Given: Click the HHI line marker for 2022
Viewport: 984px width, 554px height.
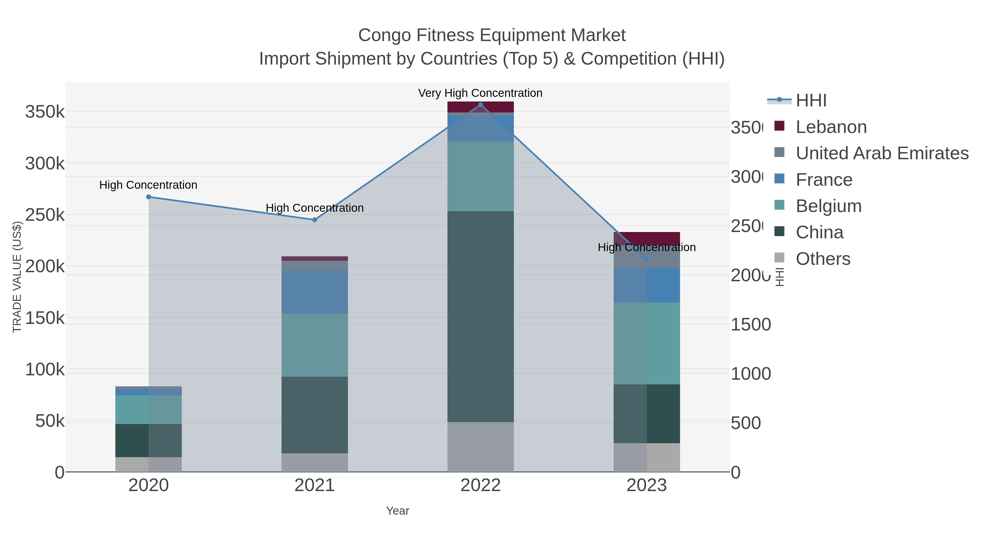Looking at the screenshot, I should (x=481, y=105).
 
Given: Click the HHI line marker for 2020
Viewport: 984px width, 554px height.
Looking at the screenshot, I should (x=149, y=197).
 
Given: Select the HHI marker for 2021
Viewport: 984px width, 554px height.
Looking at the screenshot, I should (x=314, y=220).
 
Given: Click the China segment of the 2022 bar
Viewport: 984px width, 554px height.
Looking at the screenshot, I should (x=481, y=317).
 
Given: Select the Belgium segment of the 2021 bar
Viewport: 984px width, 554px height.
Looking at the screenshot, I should (x=314, y=345).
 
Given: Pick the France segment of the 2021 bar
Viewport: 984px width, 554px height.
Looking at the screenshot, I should (x=314, y=292).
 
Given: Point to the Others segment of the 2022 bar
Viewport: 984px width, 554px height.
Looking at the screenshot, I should (x=481, y=447).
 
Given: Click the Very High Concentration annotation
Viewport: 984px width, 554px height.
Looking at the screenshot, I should (x=480, y=93).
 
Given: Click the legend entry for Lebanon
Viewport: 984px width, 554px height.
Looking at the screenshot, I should (x=831, y=127).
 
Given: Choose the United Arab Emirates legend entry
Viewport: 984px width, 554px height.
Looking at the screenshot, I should (x=881, y=153).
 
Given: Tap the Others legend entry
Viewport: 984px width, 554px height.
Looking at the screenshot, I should (x=823, y=259).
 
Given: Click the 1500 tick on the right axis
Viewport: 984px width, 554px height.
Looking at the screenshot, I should (x=751, y=324).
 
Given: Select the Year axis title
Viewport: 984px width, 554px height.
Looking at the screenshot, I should (x=397, y=511).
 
